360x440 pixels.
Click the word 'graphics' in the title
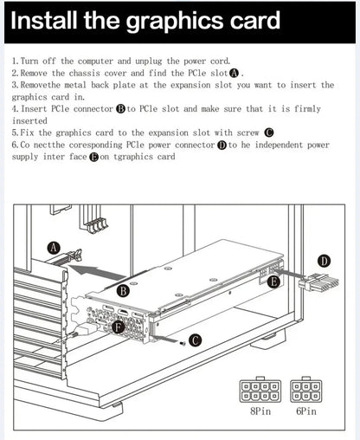click(x=176, y=22)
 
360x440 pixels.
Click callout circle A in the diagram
click(x=54, y=248)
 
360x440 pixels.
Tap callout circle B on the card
click(x=123, y=291)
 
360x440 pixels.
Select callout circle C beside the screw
click(x=196, y=340)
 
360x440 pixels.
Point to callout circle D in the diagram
click(x=325, y=262)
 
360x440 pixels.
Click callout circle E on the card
click(x=273, y=281)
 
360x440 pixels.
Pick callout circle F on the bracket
click(x=118, y=327)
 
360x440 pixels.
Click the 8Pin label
click(x=260, y=411)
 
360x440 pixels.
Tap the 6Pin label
click(x=306, y=411)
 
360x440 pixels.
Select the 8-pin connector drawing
click(x=260, y=390)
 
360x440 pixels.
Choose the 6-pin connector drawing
click(x=305, y=390)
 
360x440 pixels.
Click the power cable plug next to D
click(x=318, y=283)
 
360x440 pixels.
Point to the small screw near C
click(x=183, y=343)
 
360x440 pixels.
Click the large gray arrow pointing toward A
click(x=98, y=272)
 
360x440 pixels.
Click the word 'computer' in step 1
click(x=95, y=61)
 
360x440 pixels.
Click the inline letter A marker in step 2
click(x=234, y=74)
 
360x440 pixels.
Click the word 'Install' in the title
click(x=43, y=20)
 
